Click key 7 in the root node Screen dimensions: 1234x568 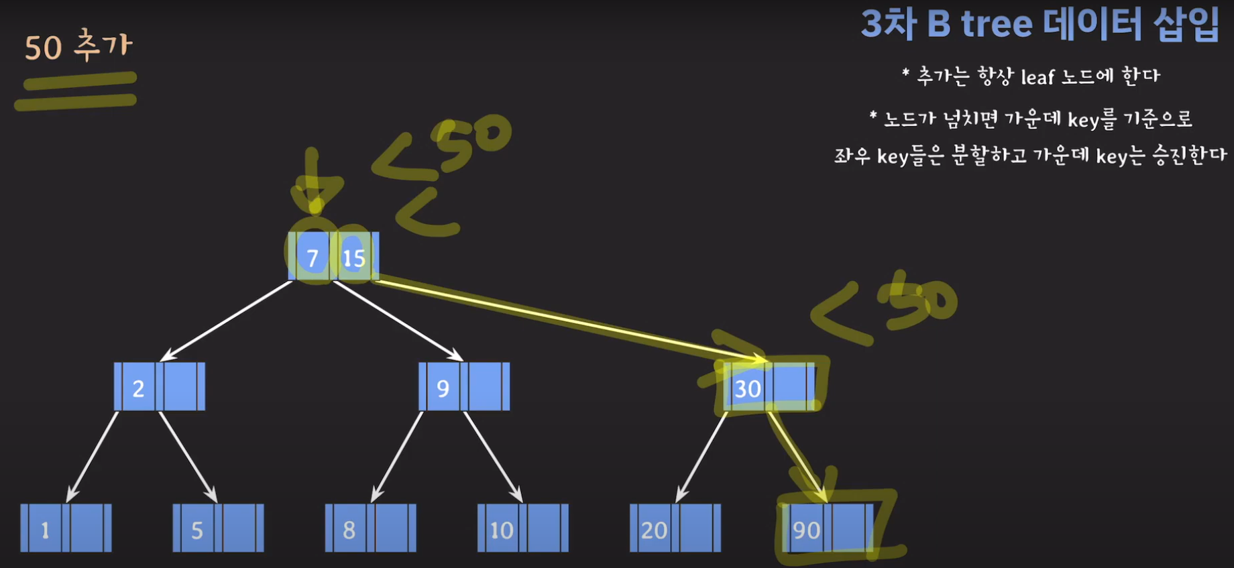click(312, 258)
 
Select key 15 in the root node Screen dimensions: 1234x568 click(354, 258)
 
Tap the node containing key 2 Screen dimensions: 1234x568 click(160, 387)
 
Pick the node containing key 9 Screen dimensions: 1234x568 click(464, 387)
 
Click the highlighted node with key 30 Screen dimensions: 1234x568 click(769, 387)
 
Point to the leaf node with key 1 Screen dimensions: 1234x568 click(66, 528)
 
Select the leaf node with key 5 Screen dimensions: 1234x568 click(218, 528)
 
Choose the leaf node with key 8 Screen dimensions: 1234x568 click(370, 528)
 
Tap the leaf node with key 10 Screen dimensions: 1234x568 click(522, 528)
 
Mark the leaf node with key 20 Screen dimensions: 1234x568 click(675, 528)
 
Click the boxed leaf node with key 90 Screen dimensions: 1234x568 click(828, 528)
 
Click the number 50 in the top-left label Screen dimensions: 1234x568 click(44, 48)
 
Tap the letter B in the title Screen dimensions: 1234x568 click(938, 24)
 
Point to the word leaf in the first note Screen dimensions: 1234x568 click(1037, 77)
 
